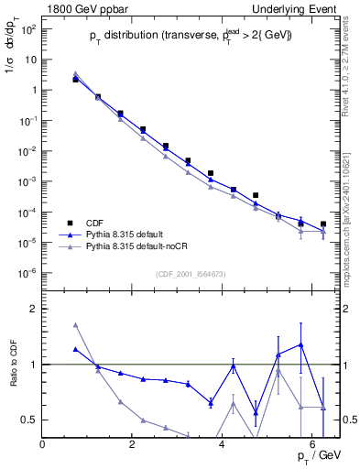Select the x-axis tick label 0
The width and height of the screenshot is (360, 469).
click(x=43, y=445)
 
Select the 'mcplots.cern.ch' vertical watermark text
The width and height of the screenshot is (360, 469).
click(x=347, y=247)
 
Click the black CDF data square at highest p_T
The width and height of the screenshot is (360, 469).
click(x=323, y=224)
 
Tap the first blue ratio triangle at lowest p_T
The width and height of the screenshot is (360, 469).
click(x=75, y=349)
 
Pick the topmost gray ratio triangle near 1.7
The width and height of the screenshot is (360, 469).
click(x=75, y=325)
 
